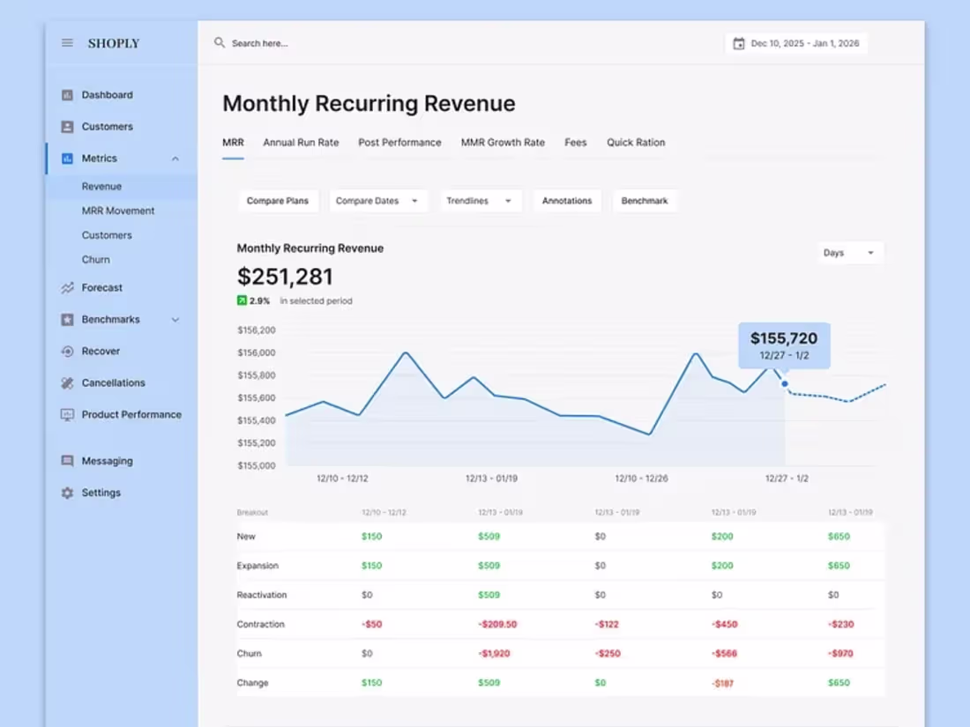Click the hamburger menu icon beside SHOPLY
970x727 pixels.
(x=67, y=43)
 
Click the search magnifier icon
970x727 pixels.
(x=220, y=42)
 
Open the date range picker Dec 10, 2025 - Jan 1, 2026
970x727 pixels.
(x=796, y=43)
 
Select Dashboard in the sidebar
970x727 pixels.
(x=107, y=95)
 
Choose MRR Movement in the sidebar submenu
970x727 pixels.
(x=118, y=211)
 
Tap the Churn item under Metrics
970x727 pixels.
(x=96, y=260)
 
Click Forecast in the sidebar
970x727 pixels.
(x=102, y=288)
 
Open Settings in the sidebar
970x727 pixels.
(x=101, y=493)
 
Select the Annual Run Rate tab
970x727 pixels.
(x=301, y=143)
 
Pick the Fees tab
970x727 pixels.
(x=576, y=143)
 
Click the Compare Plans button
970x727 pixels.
(x=278, y=201)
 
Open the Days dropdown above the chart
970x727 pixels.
(x=849, y=253)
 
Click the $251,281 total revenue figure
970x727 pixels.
(x=285, y=277)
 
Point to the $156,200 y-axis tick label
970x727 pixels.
(x=257, y=330)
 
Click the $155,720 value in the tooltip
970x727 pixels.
(x=783, y=338)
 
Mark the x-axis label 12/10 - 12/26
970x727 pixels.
(x=641, y=478)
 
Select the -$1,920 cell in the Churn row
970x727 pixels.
(x=496, y=654)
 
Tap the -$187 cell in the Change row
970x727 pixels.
(x=724, y=683)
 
